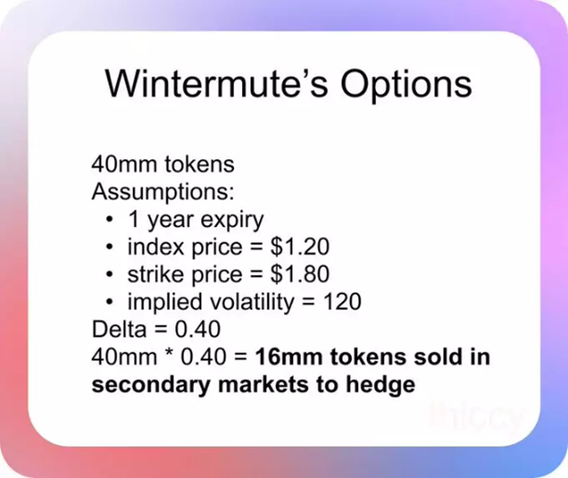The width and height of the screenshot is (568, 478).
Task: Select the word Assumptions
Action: coord(147,191)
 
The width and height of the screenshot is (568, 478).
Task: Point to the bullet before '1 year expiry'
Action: coord(109,219)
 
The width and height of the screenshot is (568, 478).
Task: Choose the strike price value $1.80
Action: coord(293,273)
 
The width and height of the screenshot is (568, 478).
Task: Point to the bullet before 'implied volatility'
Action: coord(109,302)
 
